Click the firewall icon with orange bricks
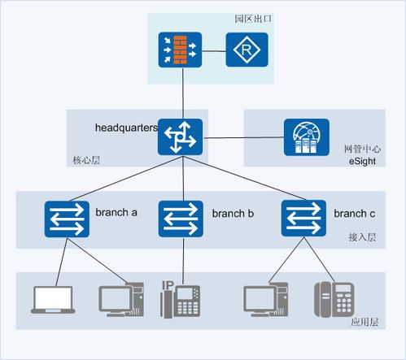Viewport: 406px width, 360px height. click(x=180, y=50)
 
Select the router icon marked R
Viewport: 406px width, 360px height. click(x=247, y=50)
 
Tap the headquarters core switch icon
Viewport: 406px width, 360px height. click(x=180, y=137)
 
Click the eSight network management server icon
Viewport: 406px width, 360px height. click(x=307, y=137)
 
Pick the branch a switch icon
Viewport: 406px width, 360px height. click(x=67, y=219)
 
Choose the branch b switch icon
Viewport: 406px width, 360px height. click(x=181, y=219)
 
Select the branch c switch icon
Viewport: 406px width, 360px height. click(x=303, y=219)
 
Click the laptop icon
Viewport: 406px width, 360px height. click(x=53, y=300)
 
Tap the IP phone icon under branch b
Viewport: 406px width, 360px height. click(x=181, y=299)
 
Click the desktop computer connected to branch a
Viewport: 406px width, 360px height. click(x=121, y=300)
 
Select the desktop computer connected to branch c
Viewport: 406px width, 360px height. click(x=266, y=300)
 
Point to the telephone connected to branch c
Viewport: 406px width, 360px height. click(x=334, y=299)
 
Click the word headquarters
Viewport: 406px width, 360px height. click(x=126, y=128)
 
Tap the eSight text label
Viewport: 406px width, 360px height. click(x=362, y=161)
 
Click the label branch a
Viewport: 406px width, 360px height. click(x=116, y=213)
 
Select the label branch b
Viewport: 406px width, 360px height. click(x=233, y=214)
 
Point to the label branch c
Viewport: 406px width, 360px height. click(x=355, y=214)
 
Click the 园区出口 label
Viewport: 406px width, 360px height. click(x=253, y=19)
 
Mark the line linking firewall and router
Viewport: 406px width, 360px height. click(x=214, y=50)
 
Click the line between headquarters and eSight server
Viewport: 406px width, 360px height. click(x=243, y=137)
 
